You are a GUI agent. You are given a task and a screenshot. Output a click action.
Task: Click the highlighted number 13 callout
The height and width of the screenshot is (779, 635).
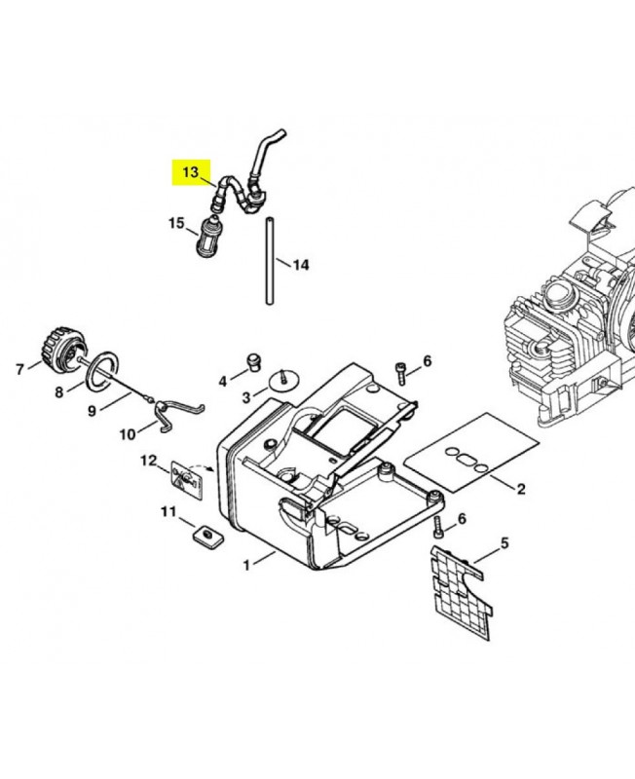[x=191, y=172]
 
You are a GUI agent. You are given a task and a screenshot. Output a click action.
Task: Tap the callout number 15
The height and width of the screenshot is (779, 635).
[x=176, y=223]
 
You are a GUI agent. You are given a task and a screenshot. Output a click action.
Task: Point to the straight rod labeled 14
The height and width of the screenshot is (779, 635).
[x=270, y=260]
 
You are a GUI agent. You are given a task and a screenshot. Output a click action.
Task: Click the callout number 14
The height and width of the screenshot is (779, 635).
[x=301, y=265]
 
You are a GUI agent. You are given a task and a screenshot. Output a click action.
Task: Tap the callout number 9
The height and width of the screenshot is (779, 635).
[x=92, y=411]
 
